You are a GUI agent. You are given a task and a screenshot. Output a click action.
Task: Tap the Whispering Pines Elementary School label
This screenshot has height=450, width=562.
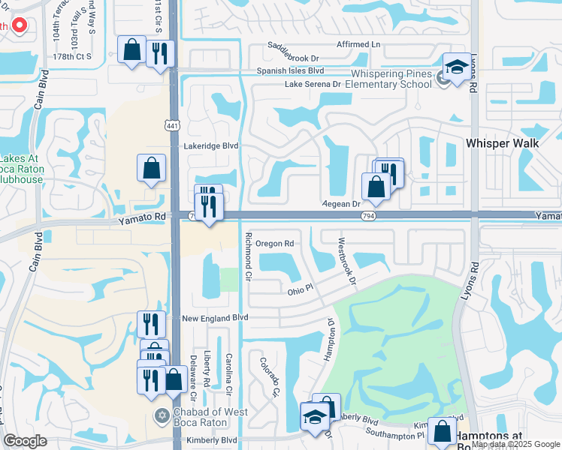click(391, 79)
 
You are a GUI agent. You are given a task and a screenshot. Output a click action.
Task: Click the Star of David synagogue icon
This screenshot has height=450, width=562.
click(161, 415)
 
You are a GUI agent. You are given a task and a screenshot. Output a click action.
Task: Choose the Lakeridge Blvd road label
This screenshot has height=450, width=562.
click(210, 146)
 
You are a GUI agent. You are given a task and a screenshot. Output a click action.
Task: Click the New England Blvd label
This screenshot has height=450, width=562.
click(215, 318)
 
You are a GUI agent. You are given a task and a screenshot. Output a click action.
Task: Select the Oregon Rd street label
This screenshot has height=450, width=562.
click(273, 244)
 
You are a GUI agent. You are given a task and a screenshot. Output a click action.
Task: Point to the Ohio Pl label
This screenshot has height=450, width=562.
click(300, 290)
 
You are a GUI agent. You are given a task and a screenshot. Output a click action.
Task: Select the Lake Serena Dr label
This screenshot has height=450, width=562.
click(313, 85)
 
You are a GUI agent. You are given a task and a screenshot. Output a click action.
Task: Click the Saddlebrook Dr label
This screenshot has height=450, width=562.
click(293, 52)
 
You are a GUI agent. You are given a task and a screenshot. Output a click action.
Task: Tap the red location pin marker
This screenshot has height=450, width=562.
click(20, 25)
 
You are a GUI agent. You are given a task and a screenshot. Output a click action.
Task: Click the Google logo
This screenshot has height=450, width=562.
click(25, 441)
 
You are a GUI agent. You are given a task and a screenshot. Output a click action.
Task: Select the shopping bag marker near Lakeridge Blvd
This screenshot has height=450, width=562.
click(151, 169)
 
